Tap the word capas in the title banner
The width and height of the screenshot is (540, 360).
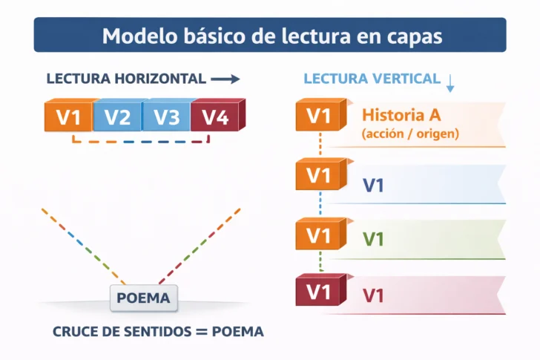point(411,36)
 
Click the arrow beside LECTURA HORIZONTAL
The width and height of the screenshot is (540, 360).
point(225,78)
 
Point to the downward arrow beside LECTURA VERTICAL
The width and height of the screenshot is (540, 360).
point(450,82)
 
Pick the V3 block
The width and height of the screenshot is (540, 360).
point(166,117)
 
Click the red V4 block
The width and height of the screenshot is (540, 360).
point(215,117)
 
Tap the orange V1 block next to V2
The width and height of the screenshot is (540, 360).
point(68,117)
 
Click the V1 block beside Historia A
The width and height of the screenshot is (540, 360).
point(318,116)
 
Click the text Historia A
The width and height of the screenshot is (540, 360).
point(401,115)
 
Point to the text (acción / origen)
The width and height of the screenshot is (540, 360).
point(410,134)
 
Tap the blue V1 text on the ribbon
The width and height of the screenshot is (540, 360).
point(373,186)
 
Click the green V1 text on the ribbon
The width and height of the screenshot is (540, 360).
point(373,240)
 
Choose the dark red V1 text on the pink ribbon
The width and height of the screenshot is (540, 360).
point(373,295)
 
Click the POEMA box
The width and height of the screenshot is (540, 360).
point(144,298)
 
